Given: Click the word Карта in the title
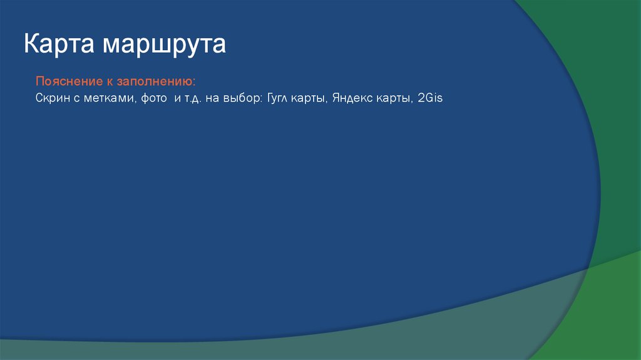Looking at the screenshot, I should [x=59, y=45].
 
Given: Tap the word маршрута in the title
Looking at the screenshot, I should [x=165, y=46].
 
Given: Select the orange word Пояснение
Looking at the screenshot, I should [x=64, y=83].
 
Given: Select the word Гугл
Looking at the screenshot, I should [x=279, y=98].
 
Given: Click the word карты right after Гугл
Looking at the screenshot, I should [x=312, y=98].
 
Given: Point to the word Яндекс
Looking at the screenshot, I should [x=354, y=98].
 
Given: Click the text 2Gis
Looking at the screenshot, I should [x=431, y=98].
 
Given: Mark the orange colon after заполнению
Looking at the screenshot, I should [x=194, y=83].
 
